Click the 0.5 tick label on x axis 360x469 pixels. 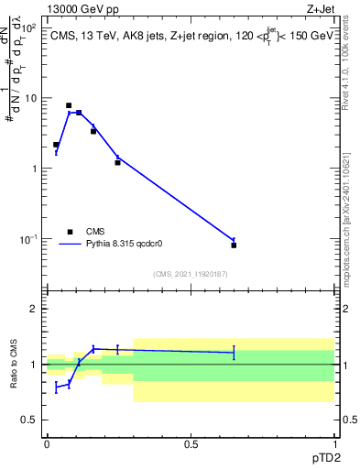click(191, 443)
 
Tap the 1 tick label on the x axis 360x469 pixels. click(334, 443)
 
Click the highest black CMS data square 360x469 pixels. click(69, 105)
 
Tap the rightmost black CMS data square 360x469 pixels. click(234, 245)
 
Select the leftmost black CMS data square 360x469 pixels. click(56, 145)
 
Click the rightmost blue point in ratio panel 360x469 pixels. click(234, 352)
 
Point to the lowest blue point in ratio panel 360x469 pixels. click(56, 387)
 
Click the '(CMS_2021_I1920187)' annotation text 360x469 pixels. click(190, 273)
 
